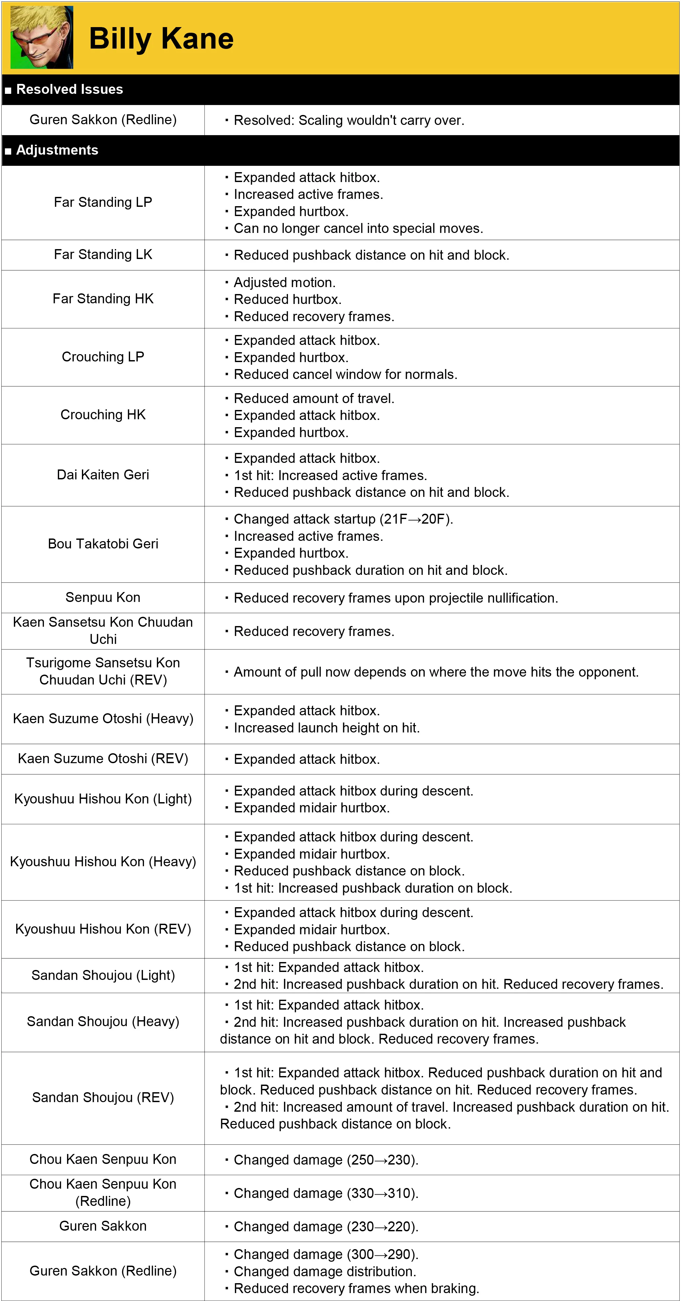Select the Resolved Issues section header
click(x=70, y=90)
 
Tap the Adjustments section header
click(x=57, y=150)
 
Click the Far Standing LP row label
click(x=103, y=202)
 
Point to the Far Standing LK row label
click(x=103, y=254)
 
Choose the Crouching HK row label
click(x=103, y=415)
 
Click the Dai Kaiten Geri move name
click(x=103, y=475)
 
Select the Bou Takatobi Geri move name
click(x=103, y=544)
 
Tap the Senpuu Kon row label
click(x=103, y=597)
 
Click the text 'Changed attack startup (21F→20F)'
click(x=343, y=519)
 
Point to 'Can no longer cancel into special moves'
click(x=358, y=228)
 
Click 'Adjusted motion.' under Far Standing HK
click(x=284, y=282)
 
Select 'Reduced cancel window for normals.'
click(x=345, y=374)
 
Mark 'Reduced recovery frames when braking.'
click(x=356, y=1288)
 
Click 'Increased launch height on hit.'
click(x=327, y=728)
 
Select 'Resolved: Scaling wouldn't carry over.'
click(x=349, y=120)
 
